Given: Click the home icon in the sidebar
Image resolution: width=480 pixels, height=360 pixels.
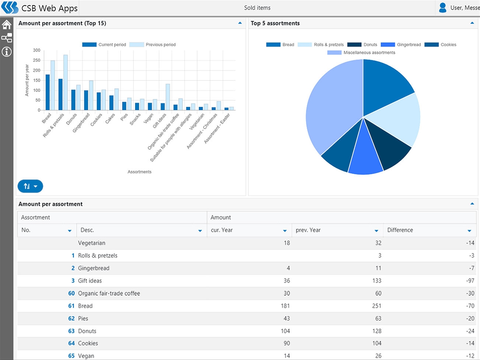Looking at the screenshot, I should (x=7, y=25).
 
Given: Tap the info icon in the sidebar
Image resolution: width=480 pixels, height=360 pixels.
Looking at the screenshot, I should (x=7, y=52).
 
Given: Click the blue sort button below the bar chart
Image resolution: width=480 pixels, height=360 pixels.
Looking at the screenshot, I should (x=30, y=186).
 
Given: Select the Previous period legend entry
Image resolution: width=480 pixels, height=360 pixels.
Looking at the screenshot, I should (x=153, y=45).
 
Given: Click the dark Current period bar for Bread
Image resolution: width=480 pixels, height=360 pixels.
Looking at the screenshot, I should (x=48, y=92).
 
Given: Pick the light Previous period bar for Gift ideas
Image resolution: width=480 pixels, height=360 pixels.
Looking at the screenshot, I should (x=168, y=97).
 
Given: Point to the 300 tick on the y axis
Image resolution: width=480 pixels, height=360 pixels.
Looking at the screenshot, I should (x=36, y=50).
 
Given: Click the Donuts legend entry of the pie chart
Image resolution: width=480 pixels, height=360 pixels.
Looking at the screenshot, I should (x=362, y=45).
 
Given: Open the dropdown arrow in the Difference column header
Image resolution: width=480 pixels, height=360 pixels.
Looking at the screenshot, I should (x=469, y=231).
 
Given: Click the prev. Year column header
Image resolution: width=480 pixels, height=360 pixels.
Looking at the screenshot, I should (x=308, y=230).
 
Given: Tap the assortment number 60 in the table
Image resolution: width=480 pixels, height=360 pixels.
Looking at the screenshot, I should (x=72, y=293).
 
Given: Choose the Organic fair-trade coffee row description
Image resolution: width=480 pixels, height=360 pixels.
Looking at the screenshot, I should (x=109, y=293).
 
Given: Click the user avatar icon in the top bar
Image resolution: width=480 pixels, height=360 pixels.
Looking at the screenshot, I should (x=443, y=7).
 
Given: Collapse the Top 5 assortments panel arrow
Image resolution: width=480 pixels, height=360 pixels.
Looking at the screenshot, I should (x=472, y=23).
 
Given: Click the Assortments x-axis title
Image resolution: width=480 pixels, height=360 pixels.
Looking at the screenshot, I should (x=139, y=172).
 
